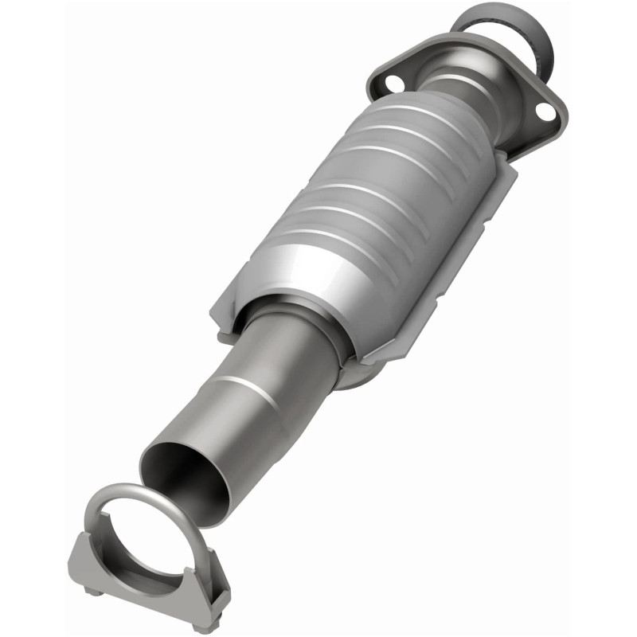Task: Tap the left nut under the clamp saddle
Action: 93,590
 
